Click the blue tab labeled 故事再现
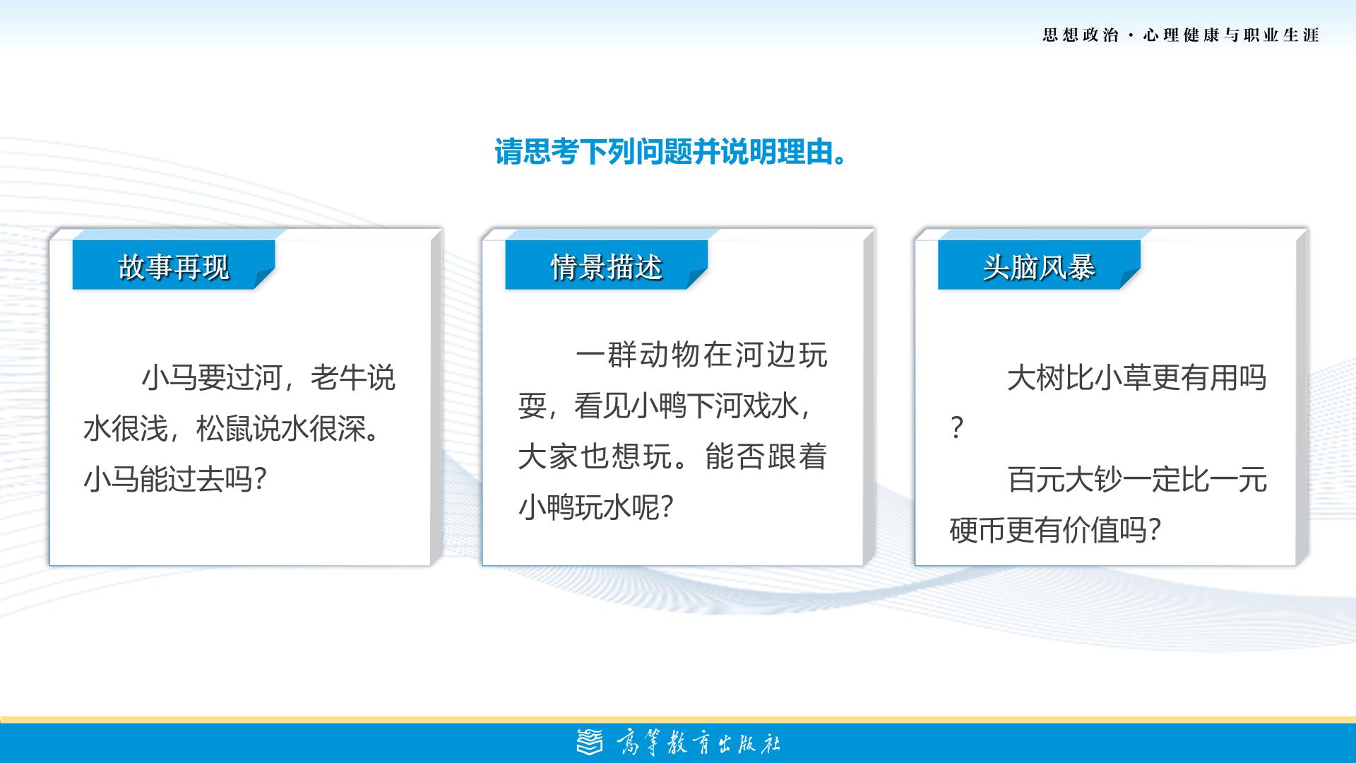[174, 265]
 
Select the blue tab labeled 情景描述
[607, 265]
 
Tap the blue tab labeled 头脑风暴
[1039, 265]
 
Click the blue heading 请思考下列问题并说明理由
[670, 152]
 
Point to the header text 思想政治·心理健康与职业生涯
[1181, 35]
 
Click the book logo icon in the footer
[590, 742]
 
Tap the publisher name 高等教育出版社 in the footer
[698, 743]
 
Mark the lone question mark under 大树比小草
[957, 429]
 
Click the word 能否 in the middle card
[734, 456]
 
